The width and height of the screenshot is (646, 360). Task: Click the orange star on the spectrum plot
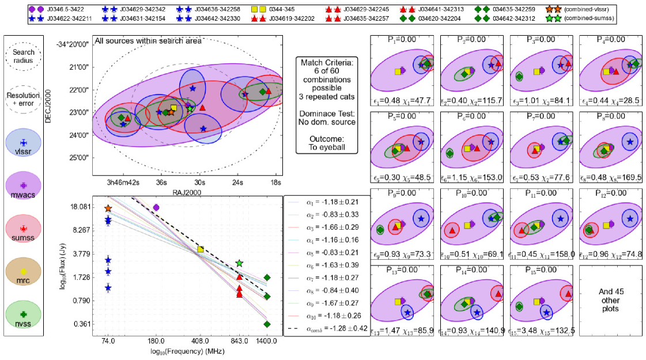[108, 209]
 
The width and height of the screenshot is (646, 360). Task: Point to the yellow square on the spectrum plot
[201, 249]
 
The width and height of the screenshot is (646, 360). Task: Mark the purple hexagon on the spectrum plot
[156, 207]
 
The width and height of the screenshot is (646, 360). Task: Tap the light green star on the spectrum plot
[240, 264]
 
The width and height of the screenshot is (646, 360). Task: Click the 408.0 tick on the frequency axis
[200, 342]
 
